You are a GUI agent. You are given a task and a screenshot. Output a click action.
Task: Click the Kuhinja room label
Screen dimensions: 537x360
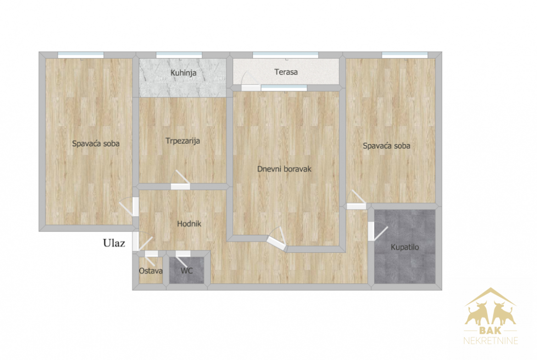coord(183,73)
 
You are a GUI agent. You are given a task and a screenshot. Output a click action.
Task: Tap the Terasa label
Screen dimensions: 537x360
coord(286,72)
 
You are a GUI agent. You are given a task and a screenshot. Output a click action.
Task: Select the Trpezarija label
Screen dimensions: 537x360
coord(183,141)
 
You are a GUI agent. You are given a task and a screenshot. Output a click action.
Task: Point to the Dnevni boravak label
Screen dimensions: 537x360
coord(284,169)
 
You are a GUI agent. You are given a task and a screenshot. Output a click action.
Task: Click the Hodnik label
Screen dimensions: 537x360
coord(189,224)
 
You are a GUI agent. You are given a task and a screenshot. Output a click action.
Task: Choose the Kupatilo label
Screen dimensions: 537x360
coord(405,247)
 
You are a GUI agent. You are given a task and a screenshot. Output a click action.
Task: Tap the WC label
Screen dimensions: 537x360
coord(187,271)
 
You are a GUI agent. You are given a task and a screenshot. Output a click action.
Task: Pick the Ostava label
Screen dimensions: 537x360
coord(151,271)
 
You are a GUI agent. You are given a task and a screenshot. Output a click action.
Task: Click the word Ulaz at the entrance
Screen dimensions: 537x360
coord(114,243)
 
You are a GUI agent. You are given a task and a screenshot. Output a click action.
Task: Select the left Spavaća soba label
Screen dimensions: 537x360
coord(96,144)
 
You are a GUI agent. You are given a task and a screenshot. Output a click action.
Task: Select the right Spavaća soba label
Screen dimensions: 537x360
coord(386,146)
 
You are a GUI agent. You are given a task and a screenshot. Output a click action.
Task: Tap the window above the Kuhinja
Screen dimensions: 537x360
coord(179,55)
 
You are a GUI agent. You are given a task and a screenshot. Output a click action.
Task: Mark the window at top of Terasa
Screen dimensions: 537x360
coord(285,55)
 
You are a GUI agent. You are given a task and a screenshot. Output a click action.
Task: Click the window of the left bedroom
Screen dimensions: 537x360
coord(81,55)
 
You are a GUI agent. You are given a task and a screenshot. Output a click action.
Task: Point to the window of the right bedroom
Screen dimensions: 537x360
coord(405,55)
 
